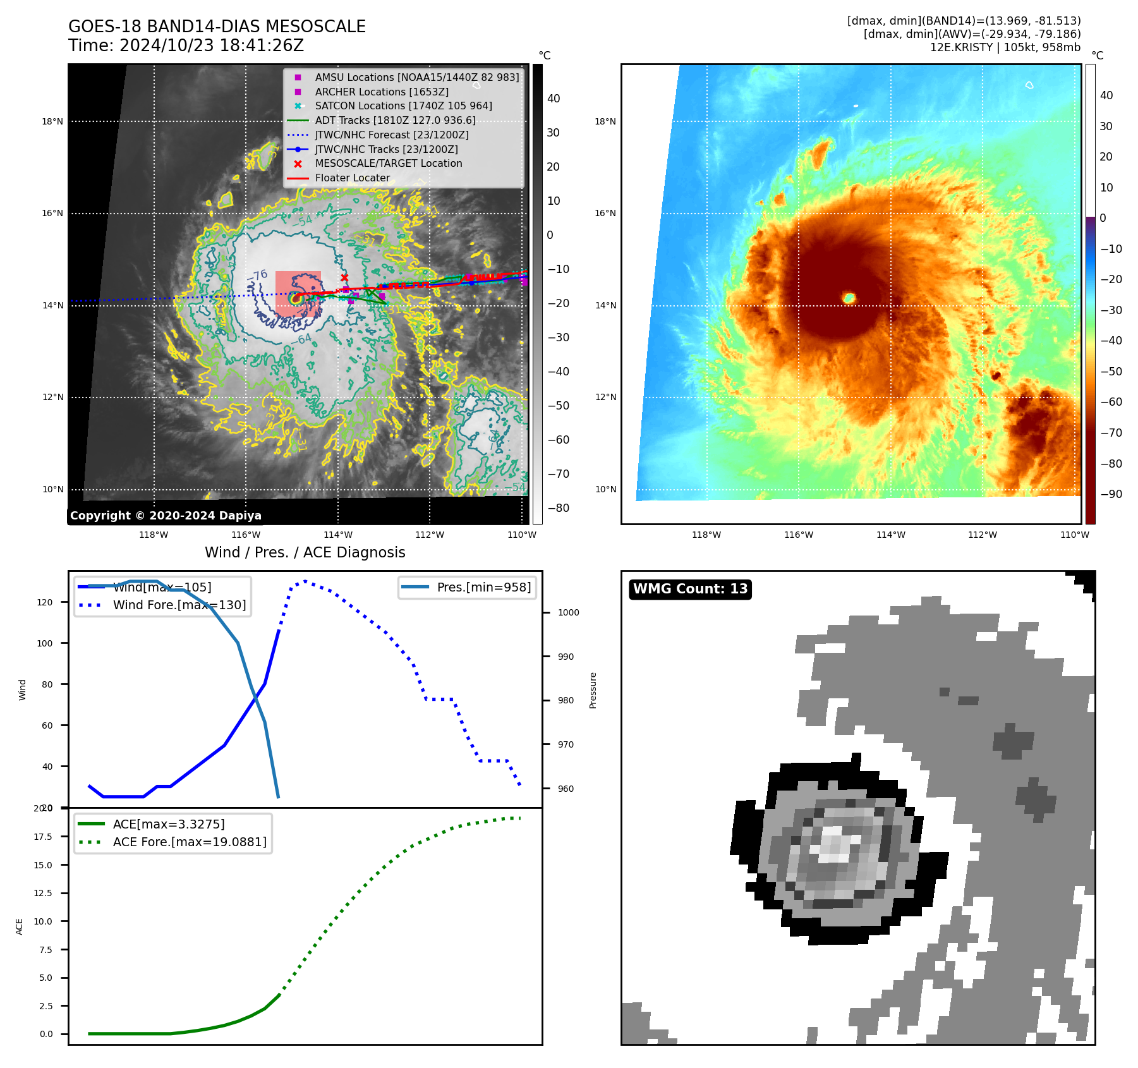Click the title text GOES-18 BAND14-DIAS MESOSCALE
pyautogui.click(x=217, y=27)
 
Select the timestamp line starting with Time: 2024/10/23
pyautogui.click(x=186, y=46)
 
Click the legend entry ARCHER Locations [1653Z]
pyautogui.click(x=382, y=92)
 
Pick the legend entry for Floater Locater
pyautogui.click(x=352, y=178)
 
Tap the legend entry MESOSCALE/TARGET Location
pyautogui.click(x=388, y=163)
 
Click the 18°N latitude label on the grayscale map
pyautogui.click(x=52, y=121)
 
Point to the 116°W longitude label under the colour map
pyautogui.click(x=798, y=535)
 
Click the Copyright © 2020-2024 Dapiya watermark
pyautogui.click(x=166, y=516)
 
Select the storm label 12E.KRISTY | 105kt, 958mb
pyautogui.click(x=1005, y=47)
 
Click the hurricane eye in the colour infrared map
pyautogui.click(x=849, y=298)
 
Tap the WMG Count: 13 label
pyautogui.click(x=690, y=589)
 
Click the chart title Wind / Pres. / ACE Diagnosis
pyautogui.click(x=305, y=552)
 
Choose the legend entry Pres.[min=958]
pyautogui.click(x=483, y=587)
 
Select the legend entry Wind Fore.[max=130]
pyautogui.click(x=179, y=605)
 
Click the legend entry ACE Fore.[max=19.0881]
pyautogui.click(x=190, y=842)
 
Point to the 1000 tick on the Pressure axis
pyautogui.click(x=568, y=612)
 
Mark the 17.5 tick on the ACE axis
pyautogui.click(x=43, y=837)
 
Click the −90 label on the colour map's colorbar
pyautogui.click(x=1111, y=494)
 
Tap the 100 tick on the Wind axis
pyautogui.click(x=45, y=643)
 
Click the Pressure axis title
pyautogui.click(x=593, y=690)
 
